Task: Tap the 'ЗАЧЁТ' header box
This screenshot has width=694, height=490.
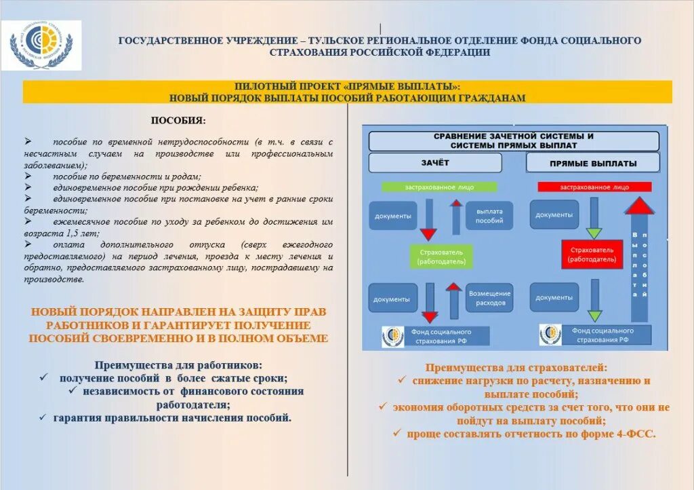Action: click(x=434, y=163)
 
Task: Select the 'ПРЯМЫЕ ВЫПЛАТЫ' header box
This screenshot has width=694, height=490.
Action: click(x=592, y=163)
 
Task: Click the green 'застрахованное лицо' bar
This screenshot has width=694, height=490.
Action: click(x=439, y=187)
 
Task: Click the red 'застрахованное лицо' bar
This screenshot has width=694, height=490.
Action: click(x=594, y=187)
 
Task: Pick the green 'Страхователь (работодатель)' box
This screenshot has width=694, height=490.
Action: click(x=441, y=255)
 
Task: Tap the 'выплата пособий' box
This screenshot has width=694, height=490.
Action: click(x=489, y=216)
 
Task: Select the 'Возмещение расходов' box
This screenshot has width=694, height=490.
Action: click(x=490, y=298)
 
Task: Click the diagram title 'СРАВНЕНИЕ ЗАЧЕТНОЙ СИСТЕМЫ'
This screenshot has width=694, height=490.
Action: click(x=513, y=136)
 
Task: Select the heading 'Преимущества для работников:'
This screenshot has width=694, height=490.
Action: click(x=178, y=364)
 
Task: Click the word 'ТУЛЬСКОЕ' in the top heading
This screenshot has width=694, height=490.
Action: click(x=343, y=41)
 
